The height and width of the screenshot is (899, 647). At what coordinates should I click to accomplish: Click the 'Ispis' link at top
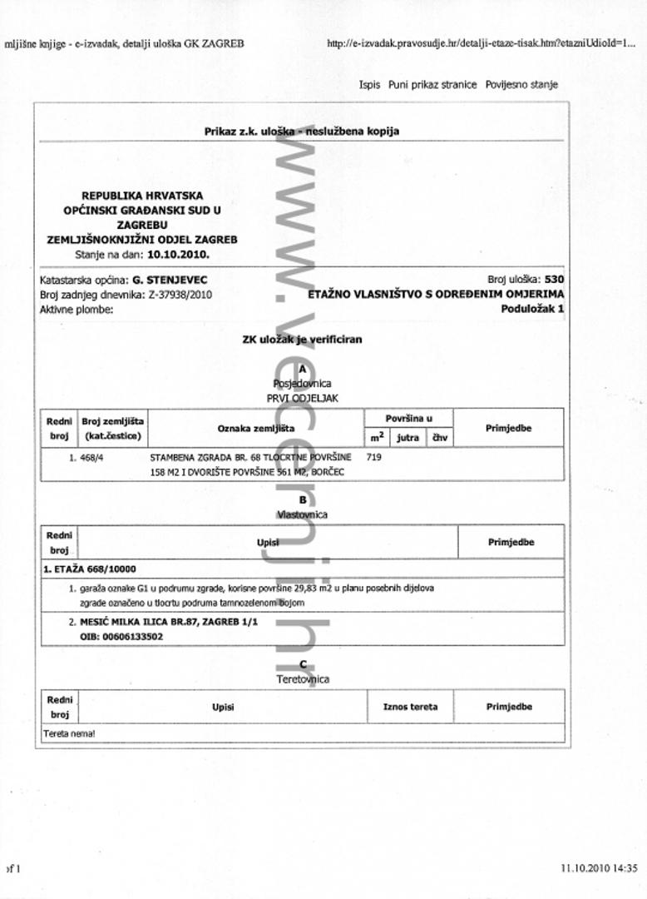pyautogui.click(x=369, y=84)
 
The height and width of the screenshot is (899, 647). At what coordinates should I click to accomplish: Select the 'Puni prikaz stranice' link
pyautogui.click(x=432, y=84)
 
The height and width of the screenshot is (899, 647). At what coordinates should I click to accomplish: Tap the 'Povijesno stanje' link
pyautogui.click(x=521, y=84)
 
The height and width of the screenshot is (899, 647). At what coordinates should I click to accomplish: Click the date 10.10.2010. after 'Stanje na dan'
pyautogui.click(x=179, y=254)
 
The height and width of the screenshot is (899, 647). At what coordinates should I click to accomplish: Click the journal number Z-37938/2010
pyautogui.click(x=180, y=295)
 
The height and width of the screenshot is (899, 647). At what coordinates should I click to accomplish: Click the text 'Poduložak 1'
pyautogui.click(x=532, y=308)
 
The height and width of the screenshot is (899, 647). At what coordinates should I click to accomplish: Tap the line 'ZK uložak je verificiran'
pyautogui.click(x=302, y=340)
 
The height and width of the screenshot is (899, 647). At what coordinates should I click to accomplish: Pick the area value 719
pyautogui.click(x=373, y=457)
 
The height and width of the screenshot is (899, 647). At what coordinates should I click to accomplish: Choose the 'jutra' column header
pyautogui.click(x=407, y=437)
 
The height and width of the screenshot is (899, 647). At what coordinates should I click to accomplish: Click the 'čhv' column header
pyautogui.click(x=440, y=437)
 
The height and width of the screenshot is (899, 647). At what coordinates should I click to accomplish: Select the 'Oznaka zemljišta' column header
pyautogui.click(x=256, y=428)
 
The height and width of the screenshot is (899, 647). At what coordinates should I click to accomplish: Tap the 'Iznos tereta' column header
pyautogui.click(x=410, y=707)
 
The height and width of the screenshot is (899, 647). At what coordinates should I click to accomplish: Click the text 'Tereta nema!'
pyautogui.click(x=69, y=734)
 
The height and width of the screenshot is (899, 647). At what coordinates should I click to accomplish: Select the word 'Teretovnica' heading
pyautogui.click(x=303, y=679)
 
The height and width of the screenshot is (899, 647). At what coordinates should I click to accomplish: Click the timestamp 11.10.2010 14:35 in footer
pyautogui.click(x=599, y=867)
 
